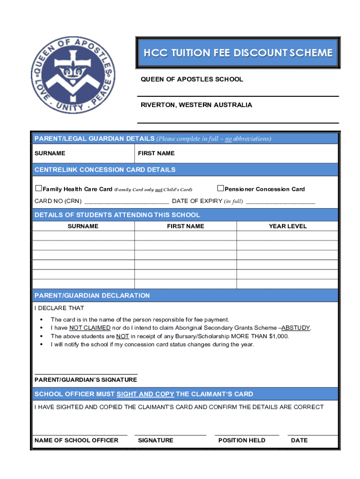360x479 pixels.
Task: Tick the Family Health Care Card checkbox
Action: pyautogui.click(x=39, y=189)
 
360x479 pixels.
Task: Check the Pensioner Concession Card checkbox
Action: pyautogui.click(x=221, y=189)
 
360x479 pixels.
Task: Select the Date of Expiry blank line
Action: pyautogui.click(x=281, y=202)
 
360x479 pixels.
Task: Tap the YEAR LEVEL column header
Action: pyautogui.click(x=288, y=226)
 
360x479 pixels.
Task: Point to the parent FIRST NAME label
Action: pyautogui.click(x=156, y=153)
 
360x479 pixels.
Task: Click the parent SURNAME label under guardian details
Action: pyautogui.click(x=50, y=153)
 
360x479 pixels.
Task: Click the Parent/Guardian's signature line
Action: pyautogui.click(x=86, y=373)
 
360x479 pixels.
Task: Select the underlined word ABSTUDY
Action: pyautogui.click(x=295, y=328)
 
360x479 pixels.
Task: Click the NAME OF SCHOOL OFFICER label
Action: pyautogui.click(x=76, y=440)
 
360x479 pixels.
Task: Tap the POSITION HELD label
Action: pyautogui.click(x=242, y=440)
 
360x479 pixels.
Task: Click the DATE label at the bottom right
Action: pyautogui.click(x=299, y=440)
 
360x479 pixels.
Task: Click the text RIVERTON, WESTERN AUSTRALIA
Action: pyautogui.click(x=196, y=105)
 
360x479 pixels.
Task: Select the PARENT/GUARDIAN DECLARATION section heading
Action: pyautogui.click(x=92, y=296)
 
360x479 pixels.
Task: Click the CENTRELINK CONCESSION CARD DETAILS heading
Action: pyautogui.click(x=105, y=170)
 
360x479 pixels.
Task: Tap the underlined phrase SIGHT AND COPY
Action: pyautogui.click(x=145, y=394)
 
